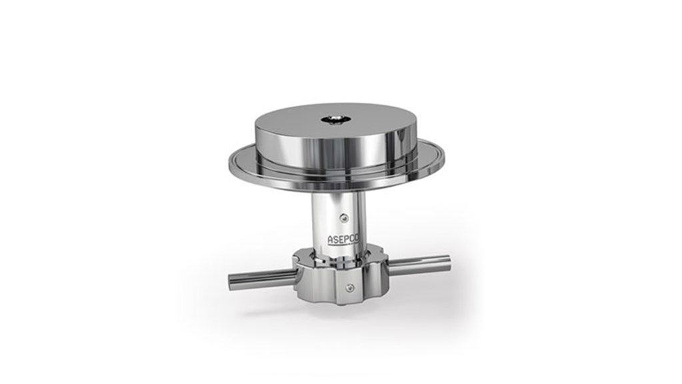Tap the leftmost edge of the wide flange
(229, 161)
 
